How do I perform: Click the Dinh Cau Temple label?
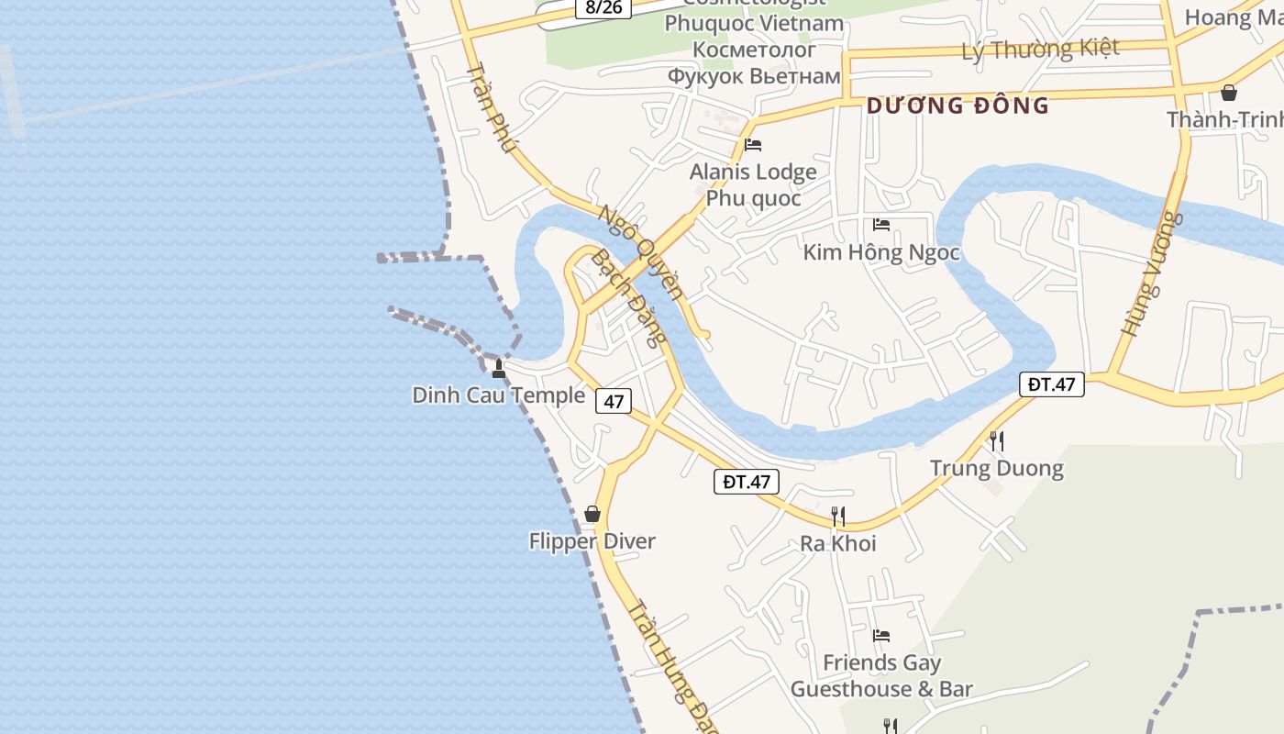[498, 395]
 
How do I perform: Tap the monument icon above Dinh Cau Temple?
[499, 369]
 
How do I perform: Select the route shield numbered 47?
[613, 401]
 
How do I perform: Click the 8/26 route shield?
[603, 7]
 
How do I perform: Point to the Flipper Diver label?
[592, 541]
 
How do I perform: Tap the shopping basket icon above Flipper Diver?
[592, 514]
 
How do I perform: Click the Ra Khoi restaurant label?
[837, 543]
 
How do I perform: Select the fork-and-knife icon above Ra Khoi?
[837, 516]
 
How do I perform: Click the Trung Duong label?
[996, 469]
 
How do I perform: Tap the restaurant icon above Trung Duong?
[997, 441]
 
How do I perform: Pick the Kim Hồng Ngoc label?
[881, 252]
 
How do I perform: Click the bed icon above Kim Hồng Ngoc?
[881, 225]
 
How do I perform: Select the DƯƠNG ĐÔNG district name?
[957, 106]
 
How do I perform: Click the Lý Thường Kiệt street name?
[1040, 49]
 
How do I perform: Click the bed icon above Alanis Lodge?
[753, 145]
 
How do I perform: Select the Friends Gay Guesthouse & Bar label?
[880, 675]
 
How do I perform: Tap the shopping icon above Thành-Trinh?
[1228, 93]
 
